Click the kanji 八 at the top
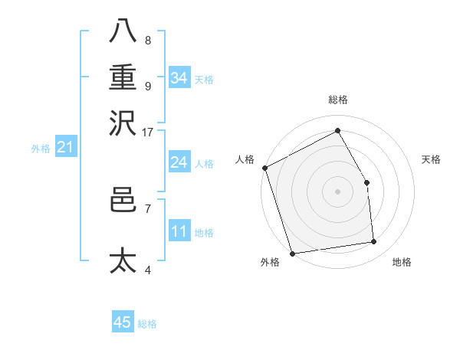[123, 30]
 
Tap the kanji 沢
[123, 122]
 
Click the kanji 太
[123, 260]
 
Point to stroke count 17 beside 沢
[148, 132]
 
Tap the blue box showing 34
[179, 77]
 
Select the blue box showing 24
[179, 162]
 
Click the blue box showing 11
[179, 231]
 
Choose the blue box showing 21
[64, 147]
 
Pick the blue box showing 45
[123, 322]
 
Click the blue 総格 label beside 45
[147, 324]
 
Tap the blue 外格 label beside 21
[41, 149]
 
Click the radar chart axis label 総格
[338, 100]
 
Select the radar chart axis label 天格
[432, 159]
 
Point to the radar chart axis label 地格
[402, 263]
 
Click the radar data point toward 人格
[264, 168]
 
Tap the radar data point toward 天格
[367, 182]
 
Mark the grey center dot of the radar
[337, 191]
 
